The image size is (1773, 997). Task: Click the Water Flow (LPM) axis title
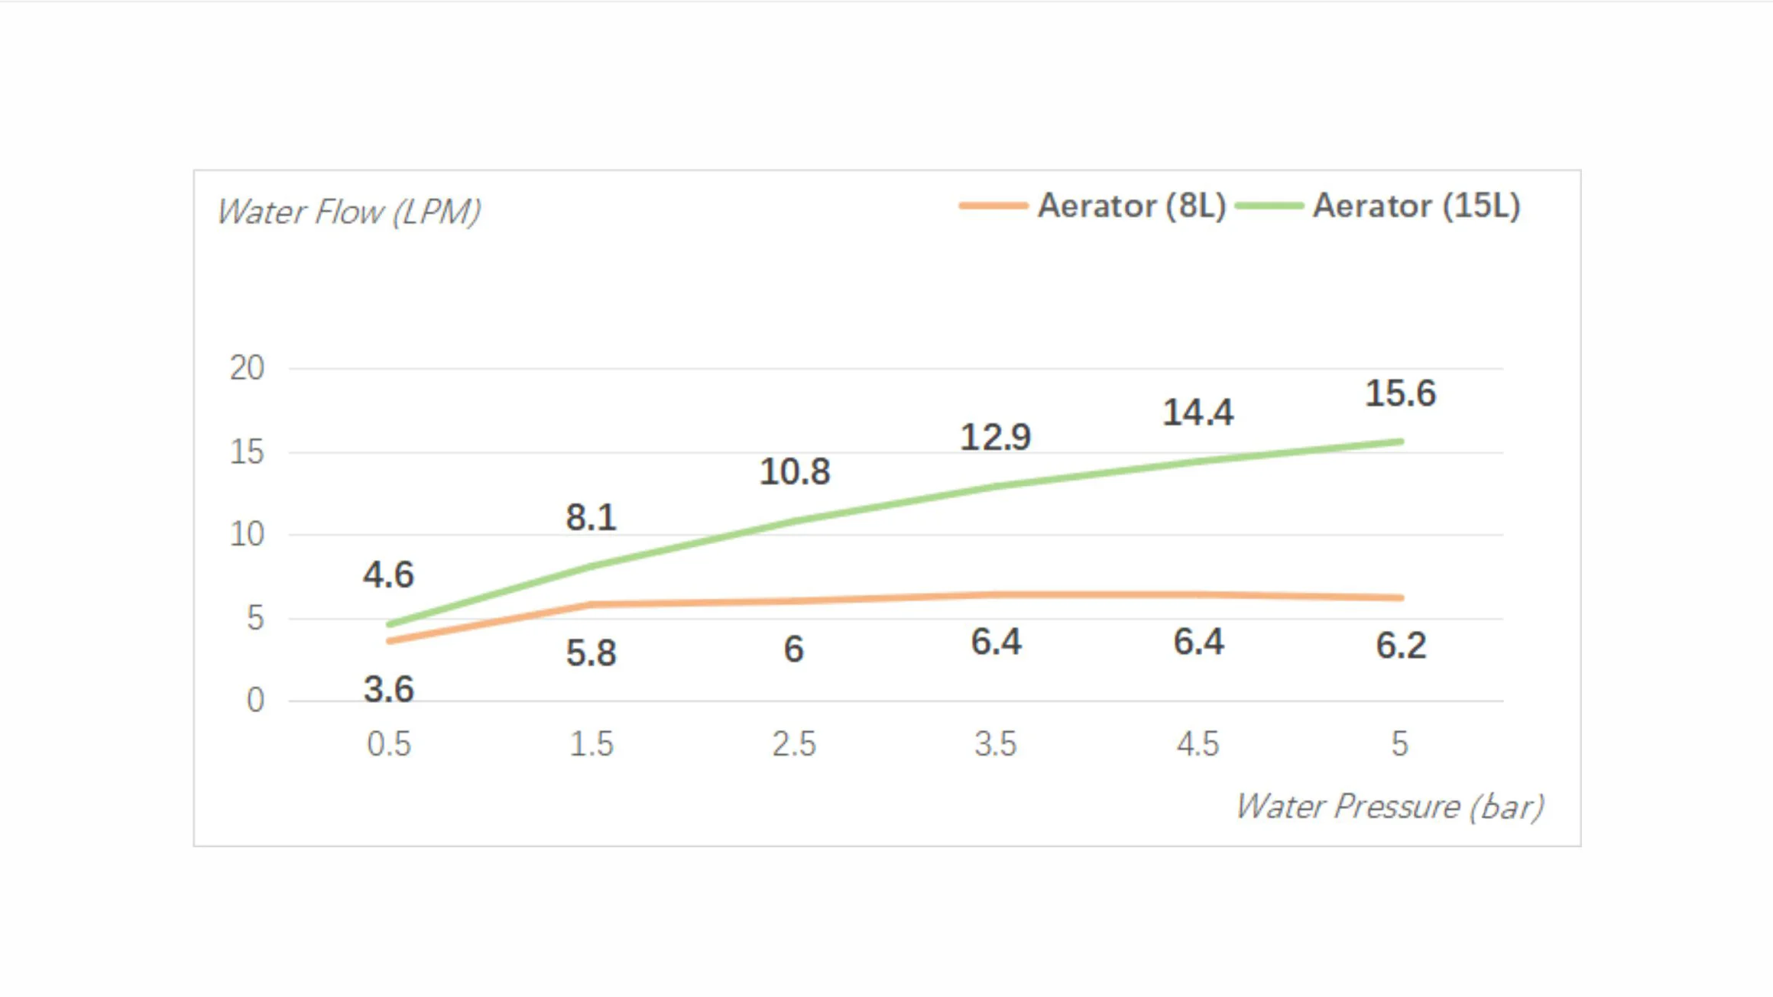[349, 212]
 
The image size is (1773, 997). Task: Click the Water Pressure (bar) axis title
[1390, 807]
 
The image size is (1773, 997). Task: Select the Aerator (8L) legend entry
[1093, 206]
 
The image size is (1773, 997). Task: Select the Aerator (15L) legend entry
[1378, 206]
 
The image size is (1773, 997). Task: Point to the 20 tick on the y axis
[247, 368]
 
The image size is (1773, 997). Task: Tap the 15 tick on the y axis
[247, 452]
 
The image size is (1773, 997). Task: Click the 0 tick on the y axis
[255, 700]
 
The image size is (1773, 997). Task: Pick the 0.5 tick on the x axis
[389, 743]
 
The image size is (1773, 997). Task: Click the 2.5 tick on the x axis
[794, 743]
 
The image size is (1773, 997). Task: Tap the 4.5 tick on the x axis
[1198, 743]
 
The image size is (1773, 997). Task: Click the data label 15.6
[1401, 393]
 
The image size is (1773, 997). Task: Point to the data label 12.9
[996, 437]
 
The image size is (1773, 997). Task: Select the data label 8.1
[592, 517]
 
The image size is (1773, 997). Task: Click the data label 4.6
[389, 575]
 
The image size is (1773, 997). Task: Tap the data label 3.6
[389, 689]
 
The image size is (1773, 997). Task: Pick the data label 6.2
[1401, 646]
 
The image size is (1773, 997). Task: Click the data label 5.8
[592, 653]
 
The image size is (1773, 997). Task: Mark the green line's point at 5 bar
[1401, 442]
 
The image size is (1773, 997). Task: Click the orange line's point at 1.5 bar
[592, 604]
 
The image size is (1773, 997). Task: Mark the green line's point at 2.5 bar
[794, 521]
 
